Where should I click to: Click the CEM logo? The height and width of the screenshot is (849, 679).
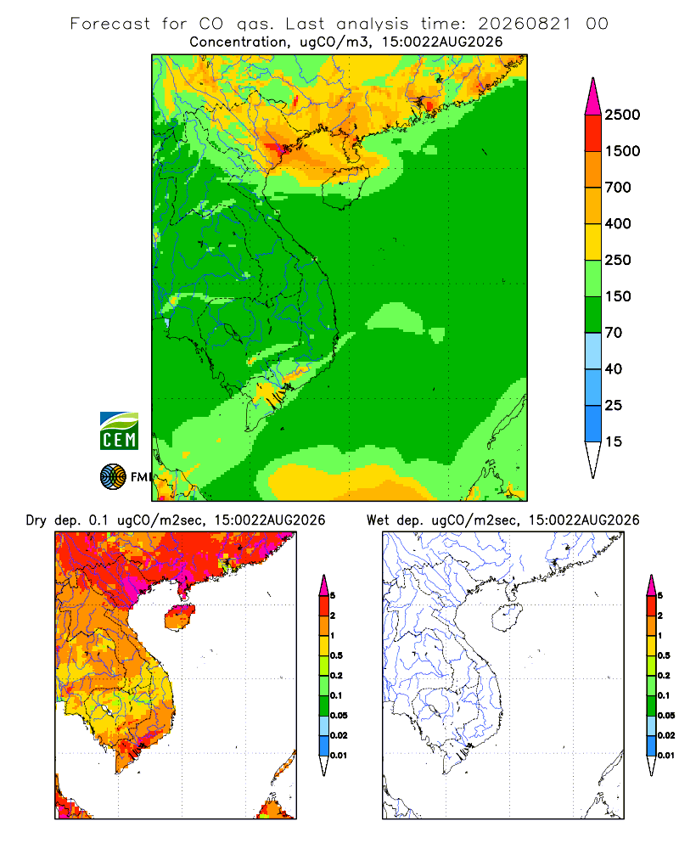[119, 431]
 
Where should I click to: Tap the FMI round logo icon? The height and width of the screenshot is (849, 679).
[113, 477]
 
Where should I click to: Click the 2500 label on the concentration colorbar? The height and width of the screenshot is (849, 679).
[622, 115]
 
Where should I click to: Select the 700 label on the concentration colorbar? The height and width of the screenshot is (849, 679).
[618, 188]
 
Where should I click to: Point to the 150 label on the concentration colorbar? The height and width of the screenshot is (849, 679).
[618, 296]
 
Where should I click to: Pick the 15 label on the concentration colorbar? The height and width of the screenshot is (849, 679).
[614, 441]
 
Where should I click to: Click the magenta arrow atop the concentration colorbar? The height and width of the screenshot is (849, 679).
[593, 96]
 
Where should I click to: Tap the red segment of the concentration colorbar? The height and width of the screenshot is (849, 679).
[593, 133]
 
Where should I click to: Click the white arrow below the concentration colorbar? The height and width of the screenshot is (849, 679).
[593, 460]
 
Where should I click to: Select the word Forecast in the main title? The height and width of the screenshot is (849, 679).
[110, 24]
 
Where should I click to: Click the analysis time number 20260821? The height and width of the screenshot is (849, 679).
[525, 24]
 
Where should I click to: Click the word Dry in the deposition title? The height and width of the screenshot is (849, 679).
[36, 520]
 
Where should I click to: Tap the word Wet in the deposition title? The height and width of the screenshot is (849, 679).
[378, 520]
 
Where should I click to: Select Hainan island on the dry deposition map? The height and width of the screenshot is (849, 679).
[180, 617]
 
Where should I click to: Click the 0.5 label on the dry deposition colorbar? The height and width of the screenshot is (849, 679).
[336, 655]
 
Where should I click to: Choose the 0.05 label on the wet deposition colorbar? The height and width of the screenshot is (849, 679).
[666, 715]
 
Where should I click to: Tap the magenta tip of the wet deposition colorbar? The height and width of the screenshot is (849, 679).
[651, 586]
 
